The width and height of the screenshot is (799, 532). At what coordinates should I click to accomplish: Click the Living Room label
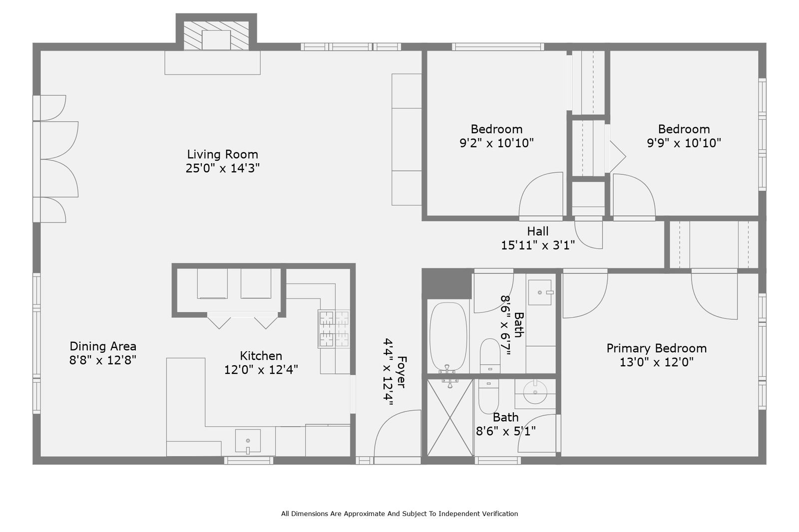click(223, 154)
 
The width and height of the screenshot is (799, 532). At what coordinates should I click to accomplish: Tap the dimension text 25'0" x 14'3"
click(223, 168)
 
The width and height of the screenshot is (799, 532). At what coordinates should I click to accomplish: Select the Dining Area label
click(103, 346)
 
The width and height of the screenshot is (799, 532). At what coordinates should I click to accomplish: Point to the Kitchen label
click(261, 356)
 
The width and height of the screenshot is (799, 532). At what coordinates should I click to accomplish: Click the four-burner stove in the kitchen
click(334, 329)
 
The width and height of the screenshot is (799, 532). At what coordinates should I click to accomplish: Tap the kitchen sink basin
click(248, 442)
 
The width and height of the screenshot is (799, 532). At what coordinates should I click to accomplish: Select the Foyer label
click(401, 372)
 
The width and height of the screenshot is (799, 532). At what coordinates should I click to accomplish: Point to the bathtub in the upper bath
click(448, 337)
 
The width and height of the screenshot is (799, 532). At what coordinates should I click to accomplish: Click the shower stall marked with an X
click(450, 418)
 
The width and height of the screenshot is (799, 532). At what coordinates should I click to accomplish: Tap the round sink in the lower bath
click(535, 392)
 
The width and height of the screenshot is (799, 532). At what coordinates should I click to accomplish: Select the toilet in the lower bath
click(489, 396)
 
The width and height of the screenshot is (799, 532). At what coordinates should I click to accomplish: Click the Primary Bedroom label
click(656, 348)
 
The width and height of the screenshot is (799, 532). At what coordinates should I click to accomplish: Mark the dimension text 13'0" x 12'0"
click(656, 362)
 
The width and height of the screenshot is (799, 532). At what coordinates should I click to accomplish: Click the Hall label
click(537, 232)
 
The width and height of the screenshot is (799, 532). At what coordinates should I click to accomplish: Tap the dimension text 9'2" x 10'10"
click(496, 143)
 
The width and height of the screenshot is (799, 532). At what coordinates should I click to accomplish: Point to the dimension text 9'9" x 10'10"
click(684, 143)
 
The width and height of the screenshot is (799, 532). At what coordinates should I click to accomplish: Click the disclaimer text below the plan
click(399, 514)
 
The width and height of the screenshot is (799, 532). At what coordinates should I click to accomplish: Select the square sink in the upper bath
click(540, 292)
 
